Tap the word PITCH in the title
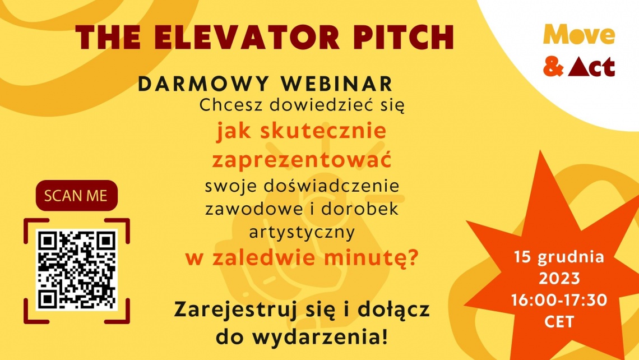click(403, 38)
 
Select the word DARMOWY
click(203, 84)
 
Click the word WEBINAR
click(337, 84)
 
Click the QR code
click(77, 270)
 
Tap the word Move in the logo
click(578, 35)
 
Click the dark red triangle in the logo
click(578, 67)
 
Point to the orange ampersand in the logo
click(553, 67)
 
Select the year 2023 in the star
click(559, 279)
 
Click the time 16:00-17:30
click(559, 300)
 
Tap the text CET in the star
click(559, 322)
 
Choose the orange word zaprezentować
click(302, 159)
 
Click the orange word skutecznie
click(323, 131)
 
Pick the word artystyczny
click(302, 233)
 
